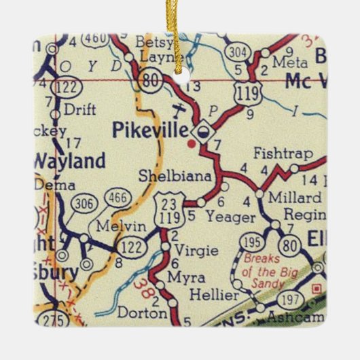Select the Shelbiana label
(181, 176)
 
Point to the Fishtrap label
(276, 154)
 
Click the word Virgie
(196, 251)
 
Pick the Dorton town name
(141, 314)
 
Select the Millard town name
(295, 198)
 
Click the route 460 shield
(96, 40)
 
